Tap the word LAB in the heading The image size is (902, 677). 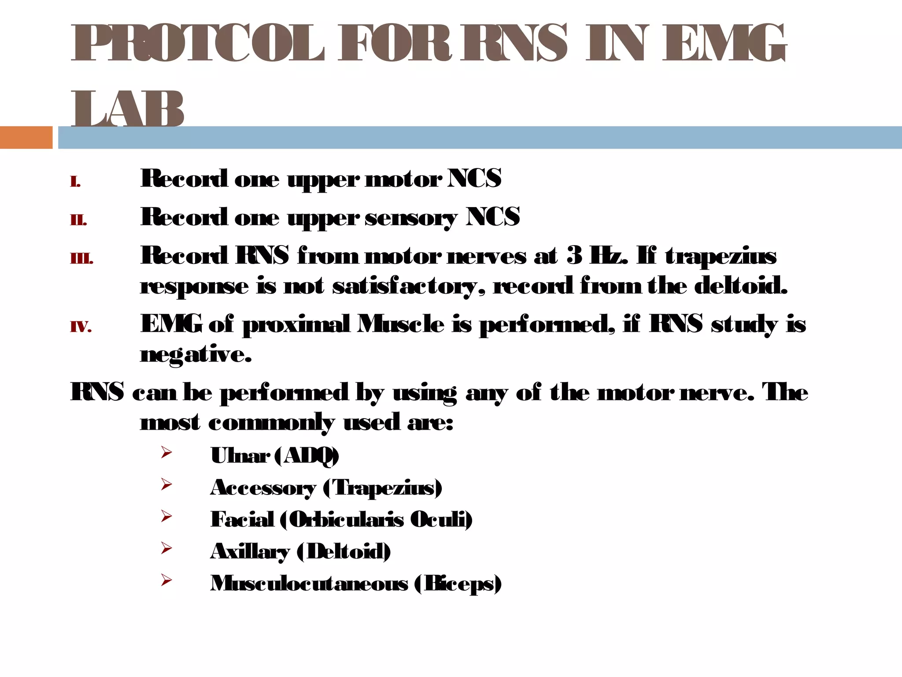click(x=128, y=109)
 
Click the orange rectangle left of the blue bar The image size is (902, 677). click(x=26, y=137)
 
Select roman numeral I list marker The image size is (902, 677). click(x=75, y=181)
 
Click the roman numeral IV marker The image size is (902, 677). click(x=81, y=327)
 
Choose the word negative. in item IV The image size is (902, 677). click(x=196, y=354)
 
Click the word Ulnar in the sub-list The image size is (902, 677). click(x=240, y=456)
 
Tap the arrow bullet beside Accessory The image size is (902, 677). click(x=166, y=484)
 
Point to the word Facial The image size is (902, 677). click(x=242, y=519)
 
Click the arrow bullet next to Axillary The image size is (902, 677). click(x=166, y=548)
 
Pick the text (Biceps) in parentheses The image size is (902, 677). click(x=458, y=584)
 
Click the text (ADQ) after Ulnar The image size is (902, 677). click(x=307, y=456)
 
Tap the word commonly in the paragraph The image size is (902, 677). click(x=271, y=423)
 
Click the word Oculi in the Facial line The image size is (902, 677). click(x=441, y=519)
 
